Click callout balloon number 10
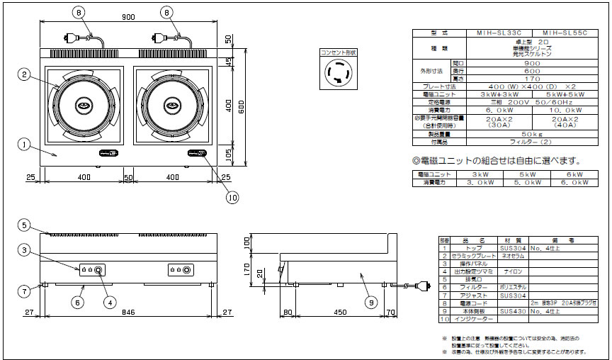(232, 198)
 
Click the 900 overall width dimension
(128, 17)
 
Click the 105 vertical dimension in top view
(228, 155)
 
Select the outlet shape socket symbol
(339, 73)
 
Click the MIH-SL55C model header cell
(565, 33)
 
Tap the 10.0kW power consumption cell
(565, 111)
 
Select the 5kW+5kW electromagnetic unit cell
(565, 94)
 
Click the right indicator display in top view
(196, 154)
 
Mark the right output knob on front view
(186, 271)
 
